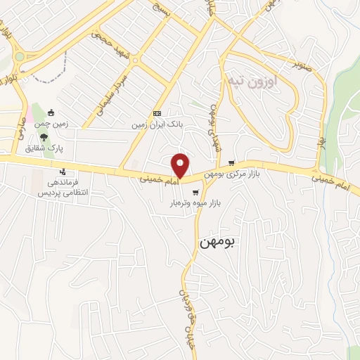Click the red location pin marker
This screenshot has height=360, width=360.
tap(181, 165)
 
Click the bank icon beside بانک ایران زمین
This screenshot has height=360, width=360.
tap(157, 113)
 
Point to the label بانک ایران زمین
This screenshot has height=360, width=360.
tap(159, 124)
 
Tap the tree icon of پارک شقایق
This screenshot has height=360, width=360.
tap(45, 138)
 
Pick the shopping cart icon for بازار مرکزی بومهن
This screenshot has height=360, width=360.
tap(231, 162)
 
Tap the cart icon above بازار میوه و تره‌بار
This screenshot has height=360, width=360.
tap(195, 191)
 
